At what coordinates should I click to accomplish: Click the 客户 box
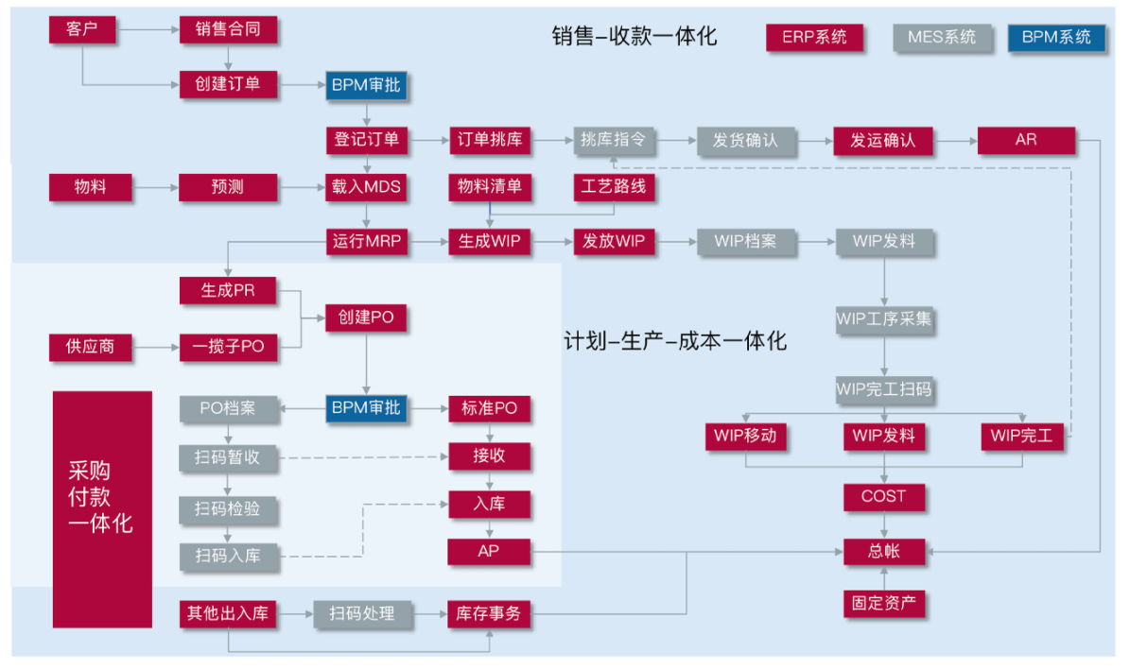point(81,29)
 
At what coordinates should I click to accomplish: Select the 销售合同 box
point(219,29)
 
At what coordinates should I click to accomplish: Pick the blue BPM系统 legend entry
point(1056,38)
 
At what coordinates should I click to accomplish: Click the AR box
point(1026,141)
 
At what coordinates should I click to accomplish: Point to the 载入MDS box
point(367,187)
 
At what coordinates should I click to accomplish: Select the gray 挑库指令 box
point(613,141)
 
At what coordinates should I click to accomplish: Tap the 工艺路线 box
point(613,187)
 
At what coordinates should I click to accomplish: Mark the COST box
point(883,497)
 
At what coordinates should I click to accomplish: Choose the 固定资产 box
point(883,603)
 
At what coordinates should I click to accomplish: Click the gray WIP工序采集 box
point(883,319)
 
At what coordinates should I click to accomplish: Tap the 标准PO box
point(489,409)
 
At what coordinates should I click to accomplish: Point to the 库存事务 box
point(489,614)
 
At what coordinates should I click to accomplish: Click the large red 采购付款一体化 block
point(102,508)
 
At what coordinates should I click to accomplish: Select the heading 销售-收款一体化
point(635,37)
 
